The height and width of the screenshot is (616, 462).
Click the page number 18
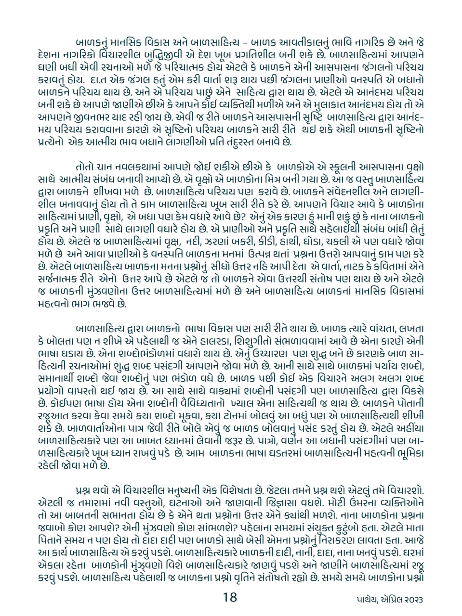(x=230, y=597)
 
